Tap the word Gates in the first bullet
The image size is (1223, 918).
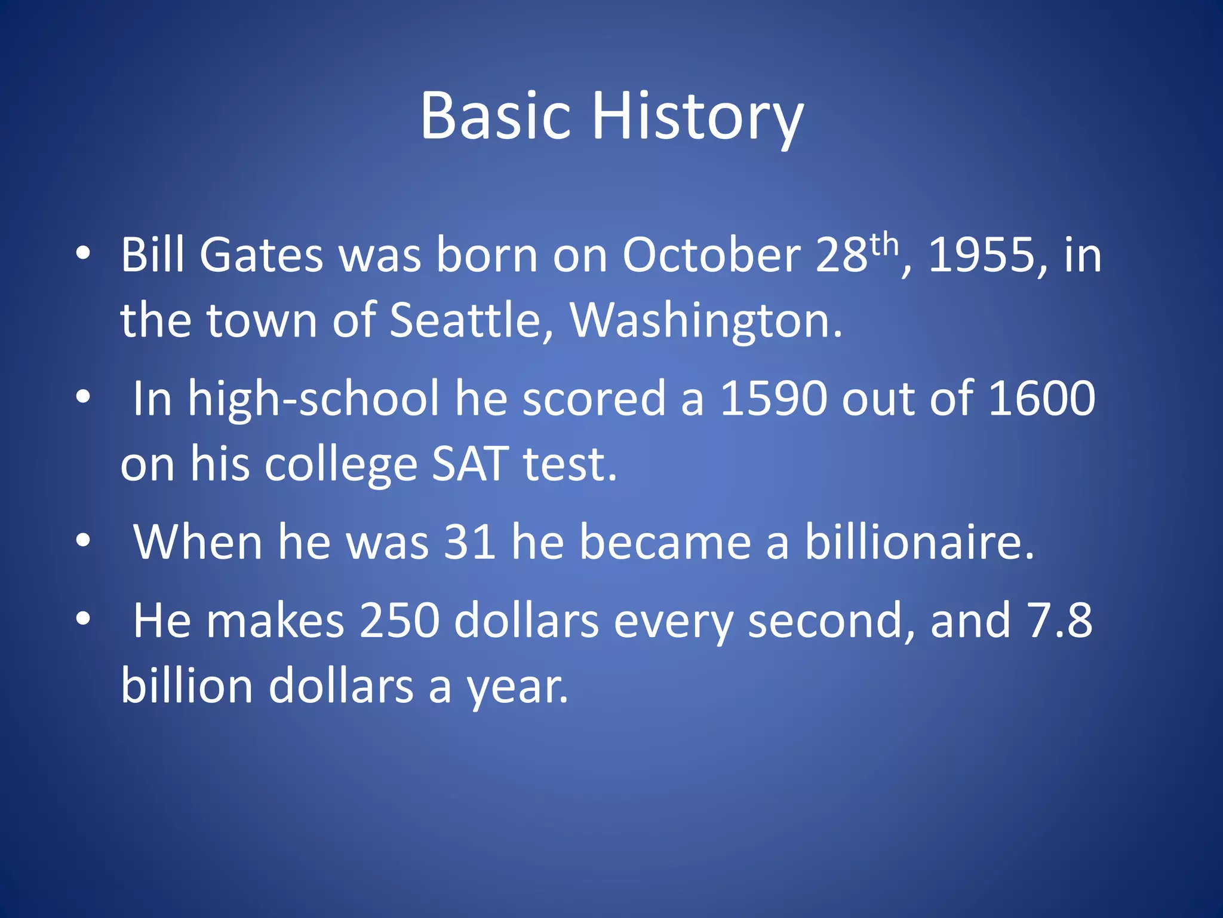tap(261, 255)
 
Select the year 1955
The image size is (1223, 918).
tap(981, 255)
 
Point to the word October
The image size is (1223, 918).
tap(711, 255)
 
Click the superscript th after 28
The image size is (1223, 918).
tap(884, 244)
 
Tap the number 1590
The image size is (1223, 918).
tap(773, 399)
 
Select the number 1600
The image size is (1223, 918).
tap(1042, 399)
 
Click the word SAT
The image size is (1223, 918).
tap(470, 464)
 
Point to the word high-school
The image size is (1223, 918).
tap(314, 399)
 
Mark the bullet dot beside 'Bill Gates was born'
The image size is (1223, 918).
tap(83, 253)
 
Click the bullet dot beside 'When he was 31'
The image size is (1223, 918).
tap(83, 540)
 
